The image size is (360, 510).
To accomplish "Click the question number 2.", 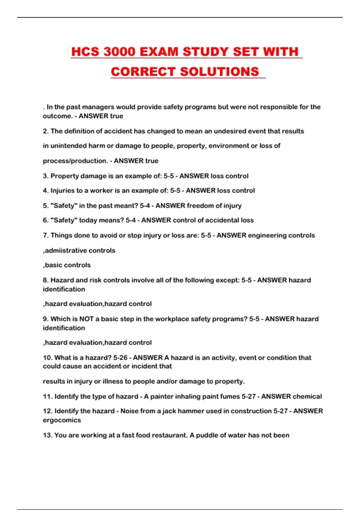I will [46, 131].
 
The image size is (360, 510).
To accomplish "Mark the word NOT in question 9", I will [86, 319].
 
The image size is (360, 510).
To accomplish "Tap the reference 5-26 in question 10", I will [120, 358].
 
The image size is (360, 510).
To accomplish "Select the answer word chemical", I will [307, 397].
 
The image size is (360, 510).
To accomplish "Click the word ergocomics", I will [62, 420].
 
